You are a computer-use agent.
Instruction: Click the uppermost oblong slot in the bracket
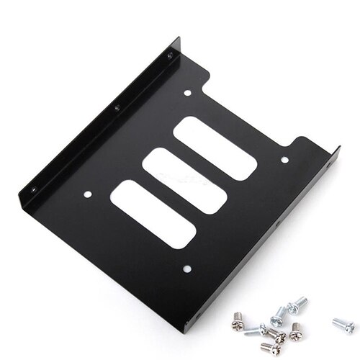(215, 148)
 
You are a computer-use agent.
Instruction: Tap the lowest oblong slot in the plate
(153, 214)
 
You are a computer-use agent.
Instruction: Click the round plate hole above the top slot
(187, 93)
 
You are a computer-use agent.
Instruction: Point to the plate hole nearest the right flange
(284, 160)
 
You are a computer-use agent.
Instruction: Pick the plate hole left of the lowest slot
(88, 194)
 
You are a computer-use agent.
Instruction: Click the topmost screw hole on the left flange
(170, 55)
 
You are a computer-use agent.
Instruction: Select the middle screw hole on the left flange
(117, 108)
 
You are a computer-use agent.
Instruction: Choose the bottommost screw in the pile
(269, 348)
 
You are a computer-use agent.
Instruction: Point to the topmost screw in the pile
(297, 305)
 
